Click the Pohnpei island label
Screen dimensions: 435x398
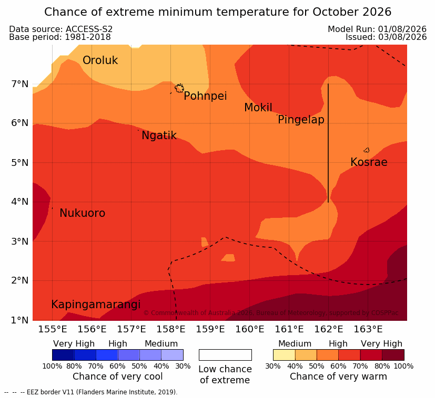click(x=205, y=96)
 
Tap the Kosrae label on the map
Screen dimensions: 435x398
click(x=369, y=162)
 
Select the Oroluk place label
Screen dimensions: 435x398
click(x=100, y=60)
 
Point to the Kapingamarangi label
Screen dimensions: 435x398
click(x=96, y=305)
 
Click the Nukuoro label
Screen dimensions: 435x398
click(x=83, y=213)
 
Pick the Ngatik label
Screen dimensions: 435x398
click(x=159, y=135)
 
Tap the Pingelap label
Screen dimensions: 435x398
click(x=301, y=120)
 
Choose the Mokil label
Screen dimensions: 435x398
click(x=258, y=108)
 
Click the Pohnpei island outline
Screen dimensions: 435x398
click(x=179, y=88)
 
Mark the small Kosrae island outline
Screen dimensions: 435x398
click(x=367, y=150)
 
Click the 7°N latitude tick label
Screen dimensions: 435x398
click(x=20, y=83)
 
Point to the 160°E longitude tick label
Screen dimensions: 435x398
click(x=250, y=329)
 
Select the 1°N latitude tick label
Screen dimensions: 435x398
click(x=20, y=320)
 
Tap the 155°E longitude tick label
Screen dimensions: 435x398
click(x=53, y=329)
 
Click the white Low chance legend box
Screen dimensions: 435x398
click(x=225, y=355)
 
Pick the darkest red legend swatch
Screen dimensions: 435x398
click(x=393, y=355)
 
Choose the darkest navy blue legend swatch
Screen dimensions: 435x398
click(x=63, y=355)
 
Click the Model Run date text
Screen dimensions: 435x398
click(x=377, y=29)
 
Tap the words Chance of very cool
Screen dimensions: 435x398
click(x=118, y=376)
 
